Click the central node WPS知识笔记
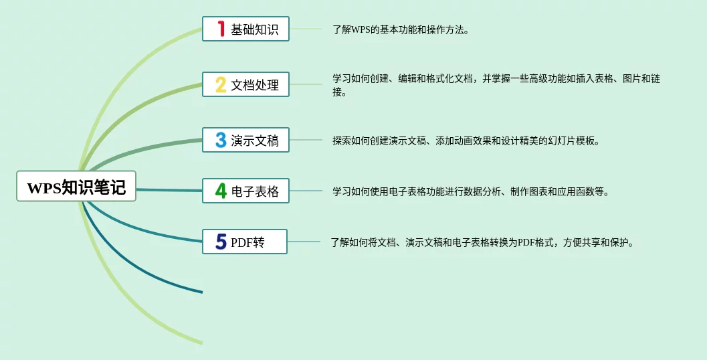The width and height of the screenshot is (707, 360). (76, 186)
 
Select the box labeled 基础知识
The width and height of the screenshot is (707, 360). (245, 29)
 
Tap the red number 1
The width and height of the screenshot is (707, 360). (221, 29)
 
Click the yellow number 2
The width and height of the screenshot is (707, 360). (221, 84)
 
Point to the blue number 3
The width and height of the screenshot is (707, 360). (221, 140)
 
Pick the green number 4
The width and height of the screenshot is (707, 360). (221, 191)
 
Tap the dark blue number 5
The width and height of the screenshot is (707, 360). (221, 242)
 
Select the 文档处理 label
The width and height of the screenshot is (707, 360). (255, 85)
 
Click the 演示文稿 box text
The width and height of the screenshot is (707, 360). (255, 141)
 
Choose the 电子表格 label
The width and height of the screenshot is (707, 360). (255, 191)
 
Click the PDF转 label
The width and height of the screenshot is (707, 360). (247, 242)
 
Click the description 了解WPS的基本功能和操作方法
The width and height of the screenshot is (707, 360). (401, 30)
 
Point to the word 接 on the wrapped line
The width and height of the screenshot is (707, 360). (339, 92)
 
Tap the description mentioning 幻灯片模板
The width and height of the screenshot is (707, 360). (466, 141)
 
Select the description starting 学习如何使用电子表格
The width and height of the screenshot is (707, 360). (471, 192)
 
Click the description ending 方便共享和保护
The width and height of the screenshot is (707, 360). (482, 243)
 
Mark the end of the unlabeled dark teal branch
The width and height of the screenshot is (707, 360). (203, 292)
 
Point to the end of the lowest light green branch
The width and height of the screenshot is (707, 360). (203, 343)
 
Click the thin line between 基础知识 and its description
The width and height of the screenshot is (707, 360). (306, 29)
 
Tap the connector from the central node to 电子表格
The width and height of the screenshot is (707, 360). (169, 191)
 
